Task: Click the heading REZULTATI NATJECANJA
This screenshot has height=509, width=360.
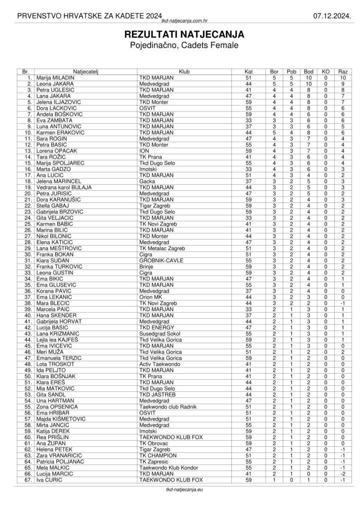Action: [180, 35]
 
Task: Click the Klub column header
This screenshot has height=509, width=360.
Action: [183, 72]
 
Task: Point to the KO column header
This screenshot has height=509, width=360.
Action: [326, 72]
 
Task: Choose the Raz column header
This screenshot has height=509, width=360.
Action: [343, 72]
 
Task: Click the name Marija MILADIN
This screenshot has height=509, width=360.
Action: [55, 78]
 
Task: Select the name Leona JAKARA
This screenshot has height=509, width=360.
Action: [54, 84]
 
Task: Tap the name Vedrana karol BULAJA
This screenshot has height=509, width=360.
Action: [64, 187]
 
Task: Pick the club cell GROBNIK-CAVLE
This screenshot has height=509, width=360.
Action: [161, 260]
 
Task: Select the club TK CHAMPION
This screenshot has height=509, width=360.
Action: [158, 455]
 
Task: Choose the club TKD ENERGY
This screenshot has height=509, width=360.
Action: [157, 327]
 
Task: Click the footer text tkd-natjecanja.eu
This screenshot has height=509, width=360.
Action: [180, 490]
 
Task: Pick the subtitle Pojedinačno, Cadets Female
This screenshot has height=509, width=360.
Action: [180, 46]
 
